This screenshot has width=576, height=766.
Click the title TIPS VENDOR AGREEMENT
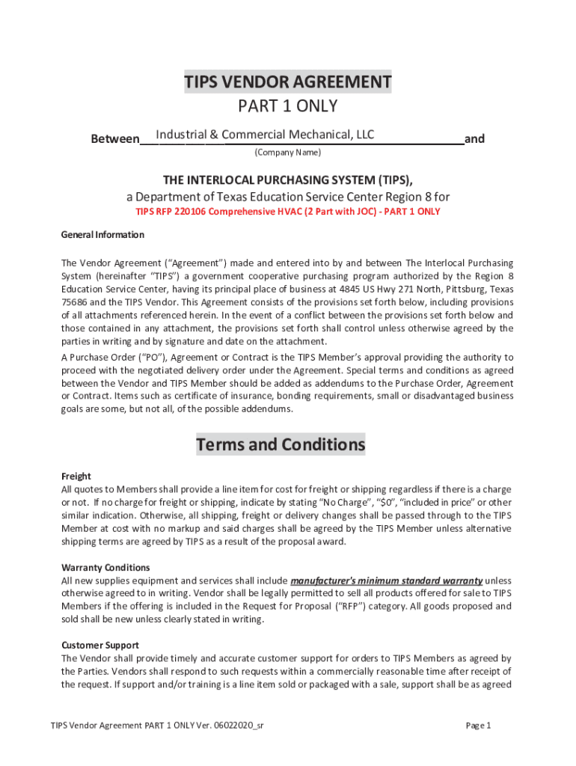(x=288, y=82)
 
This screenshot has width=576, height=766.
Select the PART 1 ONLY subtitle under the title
(x=288, y=106)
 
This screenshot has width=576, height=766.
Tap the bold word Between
(x=114, y=139)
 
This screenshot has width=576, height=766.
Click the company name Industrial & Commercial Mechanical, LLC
(x=265, y=135)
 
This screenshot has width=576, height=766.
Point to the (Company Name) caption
(x=288, y=153)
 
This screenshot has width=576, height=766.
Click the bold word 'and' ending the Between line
(x=474, y=139)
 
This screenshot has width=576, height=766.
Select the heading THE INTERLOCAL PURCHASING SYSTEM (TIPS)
(x=288, y=180)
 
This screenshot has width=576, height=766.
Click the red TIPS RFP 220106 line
(x=288, y=212)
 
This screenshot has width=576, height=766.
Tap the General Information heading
(x=102, y=235)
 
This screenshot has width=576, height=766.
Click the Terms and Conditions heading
(x=281, y=445)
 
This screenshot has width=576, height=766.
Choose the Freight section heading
(x=76, y=477)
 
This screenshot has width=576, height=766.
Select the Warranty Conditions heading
(x=105, y=568)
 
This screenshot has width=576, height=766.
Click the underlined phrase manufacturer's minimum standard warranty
(x=386, y=580)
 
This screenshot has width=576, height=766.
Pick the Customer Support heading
(x=100, y=645)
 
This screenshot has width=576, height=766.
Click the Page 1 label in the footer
(x=478, y=726)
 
